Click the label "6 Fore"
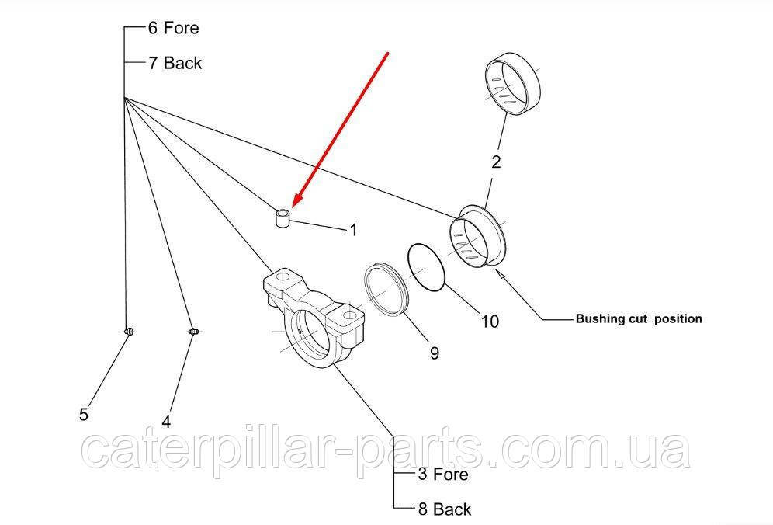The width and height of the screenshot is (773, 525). (173, 29)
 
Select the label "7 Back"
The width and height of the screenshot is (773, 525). (175, 64)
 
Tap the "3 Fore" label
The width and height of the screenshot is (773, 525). (443, 473)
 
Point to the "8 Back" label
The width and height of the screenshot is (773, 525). (444, 509)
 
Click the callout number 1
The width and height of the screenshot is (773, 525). (353, 229)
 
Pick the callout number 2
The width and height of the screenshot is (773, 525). (496, 162)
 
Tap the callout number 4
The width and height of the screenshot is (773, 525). (166, 422)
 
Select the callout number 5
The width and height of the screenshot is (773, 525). (84, 415)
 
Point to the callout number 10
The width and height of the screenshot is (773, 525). (490, 321)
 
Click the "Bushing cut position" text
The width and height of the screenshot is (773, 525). (639, 318)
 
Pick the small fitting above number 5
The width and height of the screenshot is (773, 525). (130, 332)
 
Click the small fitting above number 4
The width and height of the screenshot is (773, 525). (194, 332)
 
